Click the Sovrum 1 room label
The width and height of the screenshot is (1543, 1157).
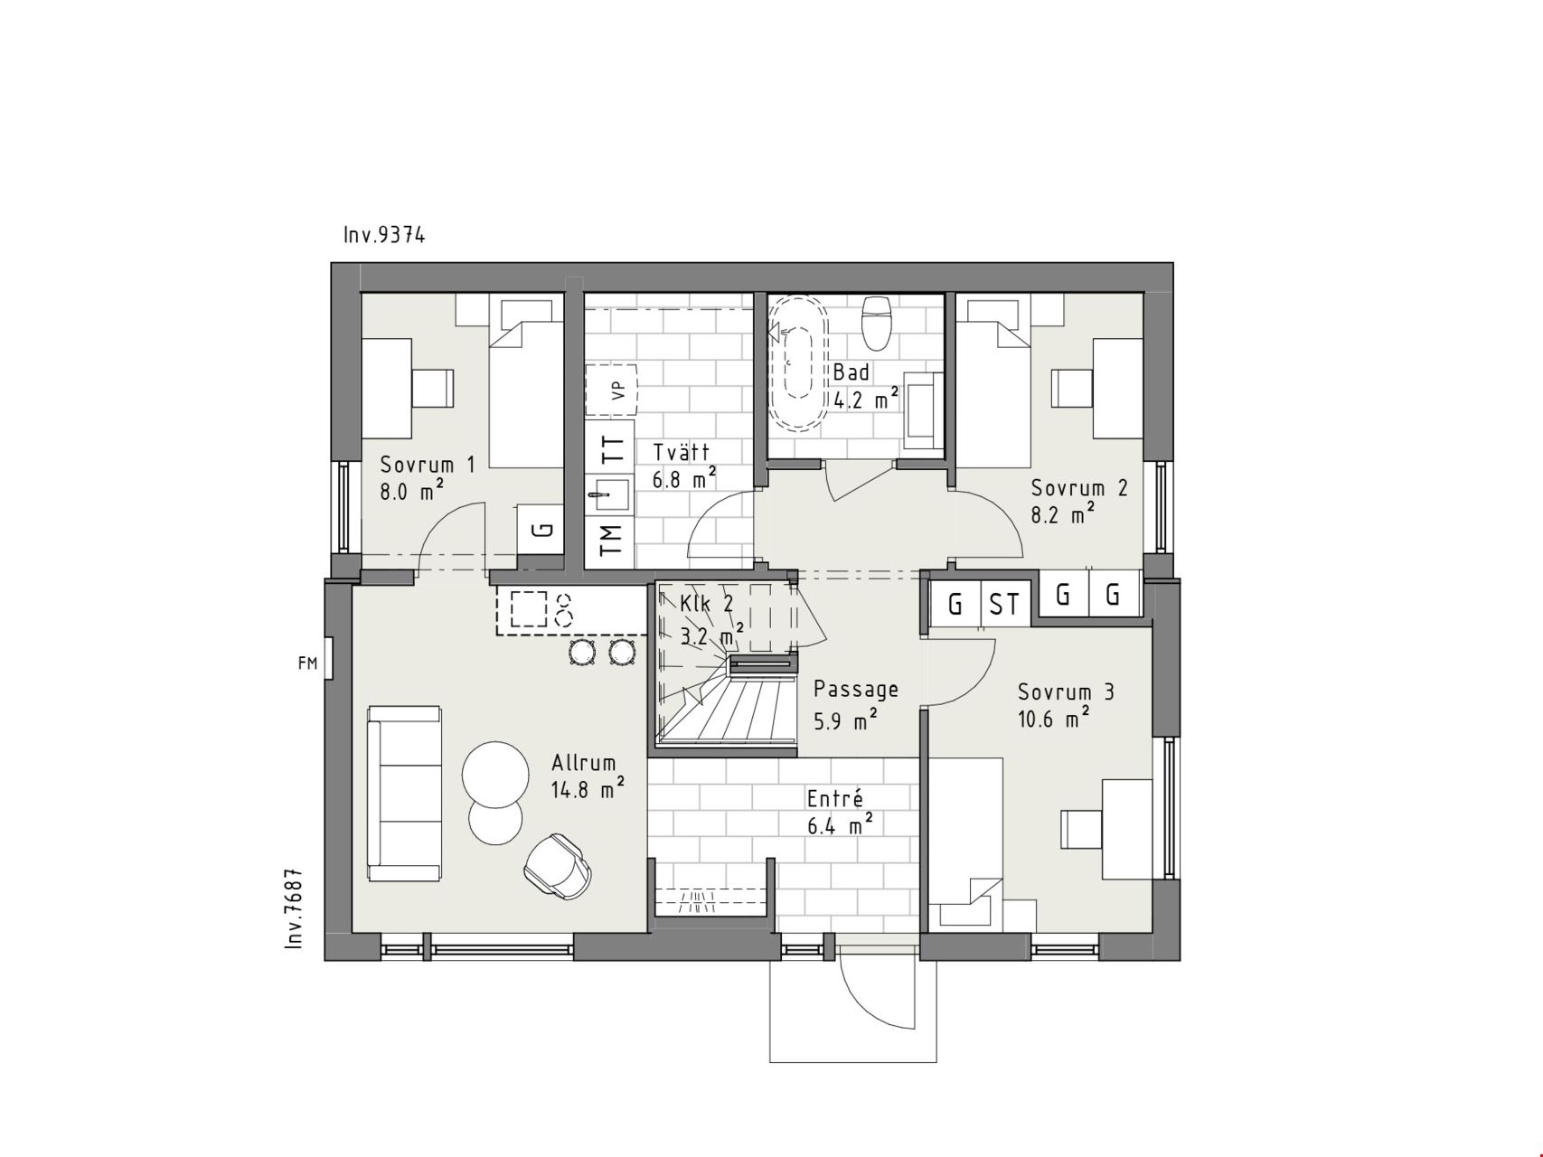tap(428, 466)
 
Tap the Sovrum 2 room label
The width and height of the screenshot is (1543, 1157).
tap(1079, 489)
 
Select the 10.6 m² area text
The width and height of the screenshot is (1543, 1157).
tap(1053, 719)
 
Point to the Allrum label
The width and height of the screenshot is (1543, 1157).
tap(583, 764)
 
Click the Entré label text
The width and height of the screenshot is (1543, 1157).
tap(835, 799)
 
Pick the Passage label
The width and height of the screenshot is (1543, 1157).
tap(855, 690)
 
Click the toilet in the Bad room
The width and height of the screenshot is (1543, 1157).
tap(877, 323)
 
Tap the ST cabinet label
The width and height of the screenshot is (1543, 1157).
tap(1003, 604)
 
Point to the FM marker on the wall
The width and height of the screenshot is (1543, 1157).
tap(307, 663)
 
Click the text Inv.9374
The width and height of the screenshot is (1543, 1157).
tap(384, 235)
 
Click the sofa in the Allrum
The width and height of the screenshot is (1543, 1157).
tap(404, 794)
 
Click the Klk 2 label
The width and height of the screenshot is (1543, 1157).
tap(707, 604)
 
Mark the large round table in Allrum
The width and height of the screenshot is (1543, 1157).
tap(495, 775)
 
